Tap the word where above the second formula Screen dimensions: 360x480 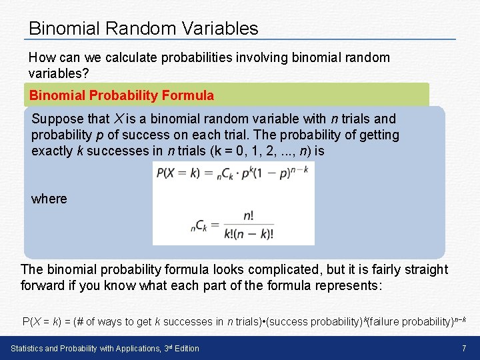click(49, 199)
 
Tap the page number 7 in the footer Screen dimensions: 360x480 click(463, 348)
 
